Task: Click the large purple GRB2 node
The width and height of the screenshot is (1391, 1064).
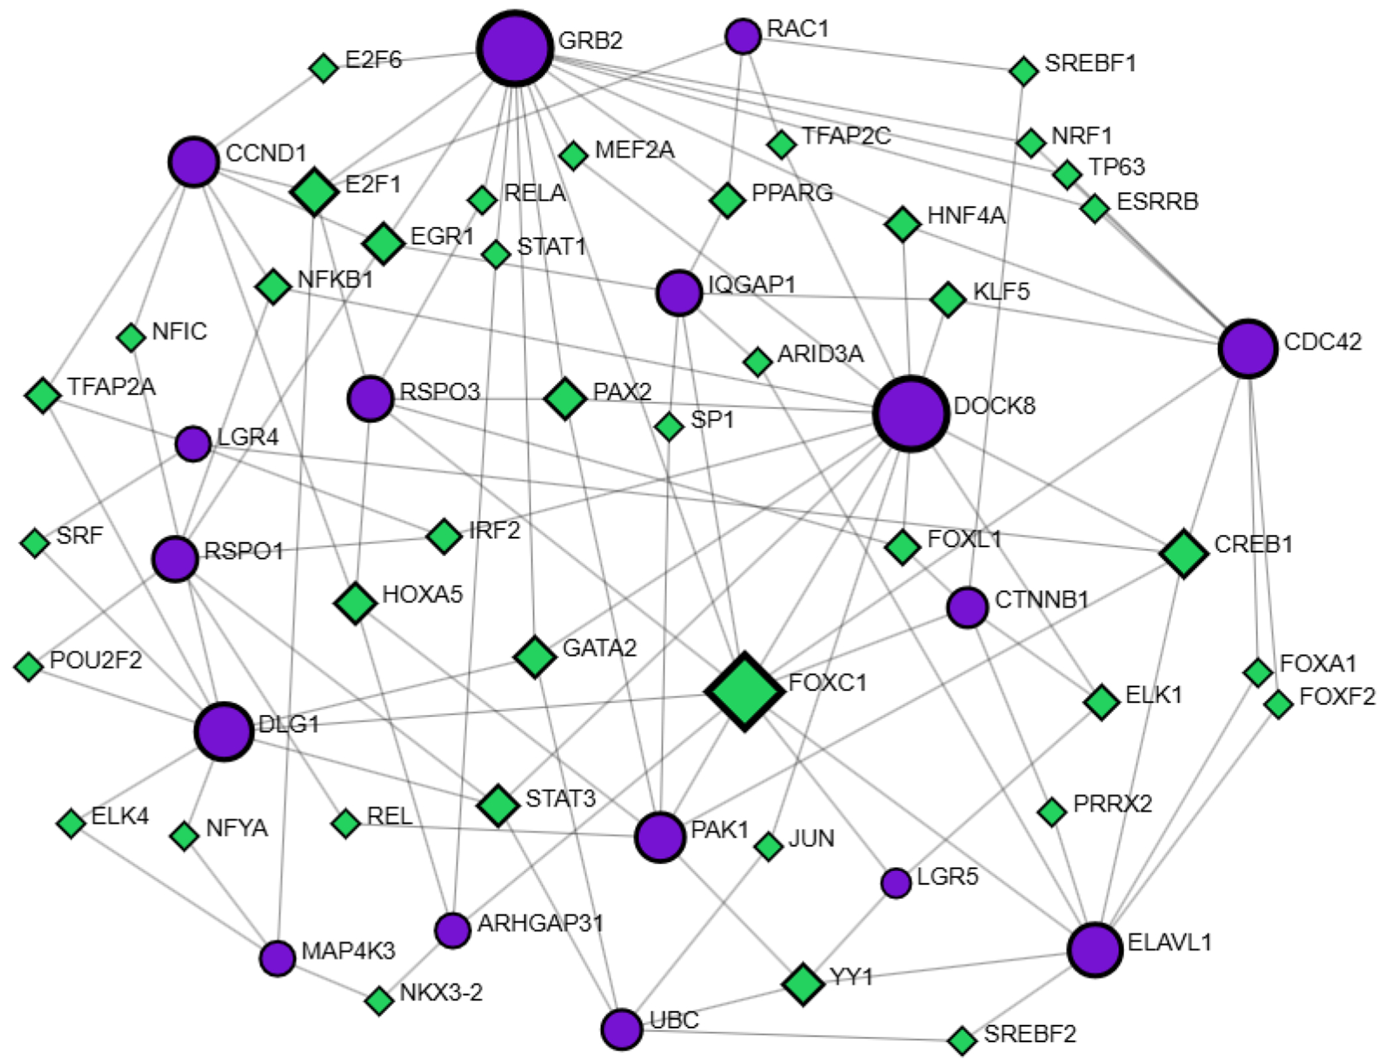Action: pyautogui.click(x=515, y=48)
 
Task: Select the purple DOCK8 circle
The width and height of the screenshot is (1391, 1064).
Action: pyautogui.click(x=911, y=413)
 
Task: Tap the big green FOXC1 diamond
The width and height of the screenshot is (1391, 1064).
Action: pyautogui.click(x=745, y=691)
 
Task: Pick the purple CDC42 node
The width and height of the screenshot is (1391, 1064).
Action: pyautogui.click(x=1248, y=348)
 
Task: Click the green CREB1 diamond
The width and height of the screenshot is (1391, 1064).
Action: pyautogui.click(x=1184, y=553)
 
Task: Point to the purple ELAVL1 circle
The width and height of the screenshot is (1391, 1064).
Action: pyautogui.click(x=1095, y=949)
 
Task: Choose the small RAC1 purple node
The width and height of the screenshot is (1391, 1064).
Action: pyautogui.click(x=743, y=36)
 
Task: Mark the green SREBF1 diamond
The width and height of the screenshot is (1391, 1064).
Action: pyautogui.click(x=1023, y=71)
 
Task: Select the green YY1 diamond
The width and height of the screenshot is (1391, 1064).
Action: pyautogui.click(x=803, y=984)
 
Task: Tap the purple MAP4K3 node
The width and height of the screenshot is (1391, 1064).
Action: pyautogui.click(x=278, y=958)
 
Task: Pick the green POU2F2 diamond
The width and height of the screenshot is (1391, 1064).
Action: pyautogui.click(x=28, y=666)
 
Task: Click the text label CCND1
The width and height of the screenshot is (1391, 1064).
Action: pyautogui.click(x=266, y=153)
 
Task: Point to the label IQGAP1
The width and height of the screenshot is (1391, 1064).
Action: pyautogui.click(x=751, y=285)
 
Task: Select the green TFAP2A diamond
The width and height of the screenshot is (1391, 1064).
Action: pyautogui.click(x=43, y=395)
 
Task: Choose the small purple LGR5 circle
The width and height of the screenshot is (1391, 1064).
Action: pyautogui.click(x=896, y=883)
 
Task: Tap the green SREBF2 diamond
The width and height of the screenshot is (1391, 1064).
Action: pyautogui.click(x=962, y=1040)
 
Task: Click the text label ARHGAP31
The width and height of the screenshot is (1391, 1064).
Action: pyautogui.click(x=541, y=923)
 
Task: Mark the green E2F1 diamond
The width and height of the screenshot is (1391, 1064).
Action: pyautogui.click(x=315, y=192)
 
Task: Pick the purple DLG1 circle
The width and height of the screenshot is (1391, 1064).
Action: pyautogui.click(x=224, y=732)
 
